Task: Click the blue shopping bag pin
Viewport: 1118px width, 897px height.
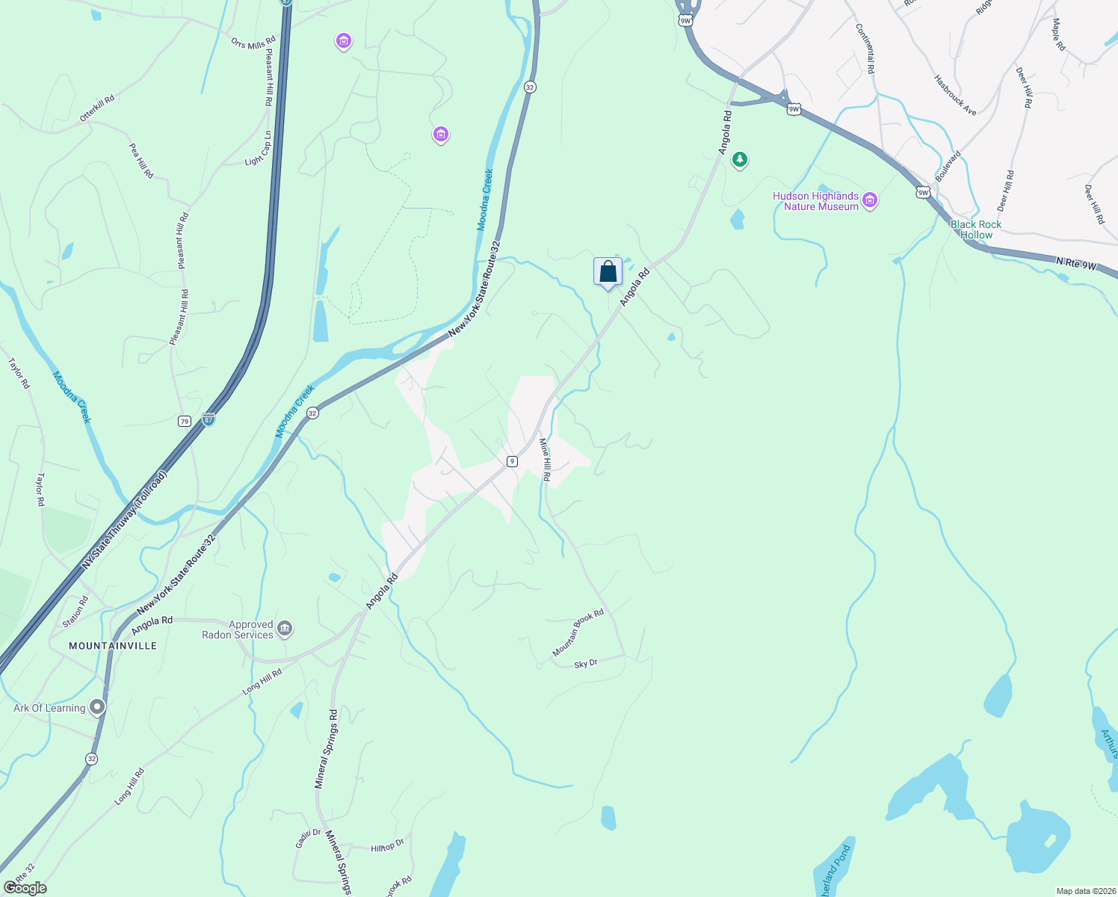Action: pos(608,272)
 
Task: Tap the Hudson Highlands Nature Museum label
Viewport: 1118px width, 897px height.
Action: pos(815,201)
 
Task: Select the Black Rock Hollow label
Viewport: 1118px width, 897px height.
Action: pos(975,229)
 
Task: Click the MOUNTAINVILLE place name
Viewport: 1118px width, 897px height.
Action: pos(113,645)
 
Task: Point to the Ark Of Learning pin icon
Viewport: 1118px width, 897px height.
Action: pos(97,706)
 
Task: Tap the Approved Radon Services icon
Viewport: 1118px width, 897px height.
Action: pos(285,629)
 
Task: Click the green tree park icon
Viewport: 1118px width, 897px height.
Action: pos(740,159)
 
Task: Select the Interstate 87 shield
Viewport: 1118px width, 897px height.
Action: pos(209,420)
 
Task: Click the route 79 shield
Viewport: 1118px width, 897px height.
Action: pos(185,422)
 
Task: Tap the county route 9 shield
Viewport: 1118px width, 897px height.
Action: pos(512,461)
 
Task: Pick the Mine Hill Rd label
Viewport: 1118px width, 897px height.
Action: pos(546,460)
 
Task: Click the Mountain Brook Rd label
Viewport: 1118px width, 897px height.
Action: pos(578,633)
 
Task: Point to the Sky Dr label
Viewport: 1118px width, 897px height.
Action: pos(586,664)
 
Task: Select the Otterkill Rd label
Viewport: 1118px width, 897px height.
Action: pos(97,108)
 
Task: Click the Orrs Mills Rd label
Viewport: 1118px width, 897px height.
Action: pos(253,44)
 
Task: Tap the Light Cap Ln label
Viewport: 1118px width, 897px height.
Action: pos(258,149)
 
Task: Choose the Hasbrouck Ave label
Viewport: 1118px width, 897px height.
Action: pos(955,95)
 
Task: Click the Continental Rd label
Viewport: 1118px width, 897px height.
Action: pos(865,48)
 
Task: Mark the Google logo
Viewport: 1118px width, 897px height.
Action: pos(25,888)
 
